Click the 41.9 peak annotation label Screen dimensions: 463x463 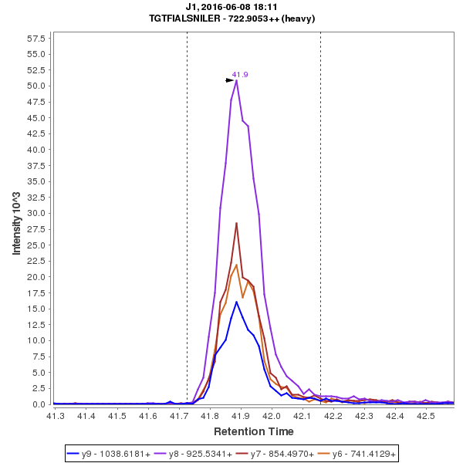240,75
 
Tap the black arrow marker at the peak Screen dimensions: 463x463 229,80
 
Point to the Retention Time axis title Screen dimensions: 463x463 253,431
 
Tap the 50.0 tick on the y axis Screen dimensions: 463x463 36,86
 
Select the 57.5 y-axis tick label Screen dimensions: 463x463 36,38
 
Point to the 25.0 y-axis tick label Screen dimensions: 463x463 36,245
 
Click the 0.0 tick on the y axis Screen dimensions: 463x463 39,404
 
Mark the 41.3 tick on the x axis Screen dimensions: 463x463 55,417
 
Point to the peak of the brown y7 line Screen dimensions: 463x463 236,223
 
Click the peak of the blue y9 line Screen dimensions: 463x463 236,302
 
